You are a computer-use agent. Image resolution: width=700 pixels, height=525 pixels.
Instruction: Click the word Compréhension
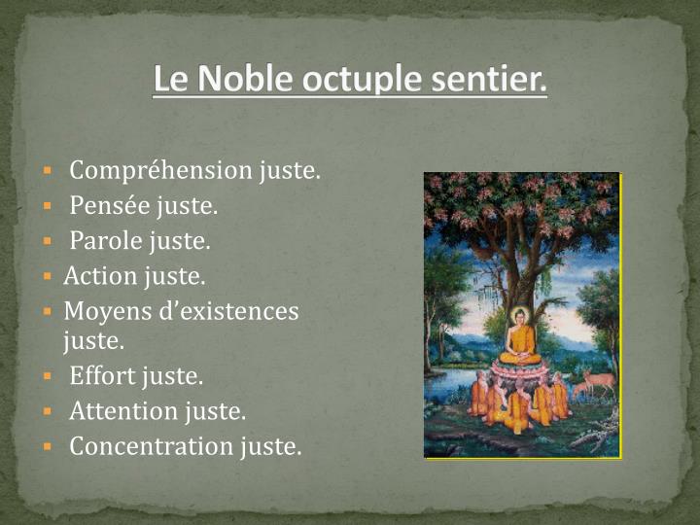[160, 171]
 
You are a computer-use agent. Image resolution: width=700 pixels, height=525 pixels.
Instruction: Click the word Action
[100, 276]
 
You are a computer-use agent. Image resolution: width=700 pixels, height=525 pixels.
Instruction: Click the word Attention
[123, 411]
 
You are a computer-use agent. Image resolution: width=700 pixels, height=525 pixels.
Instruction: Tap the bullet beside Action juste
[46, 277]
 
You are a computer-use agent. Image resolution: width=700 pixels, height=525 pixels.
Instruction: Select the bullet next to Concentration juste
[46, 447]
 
